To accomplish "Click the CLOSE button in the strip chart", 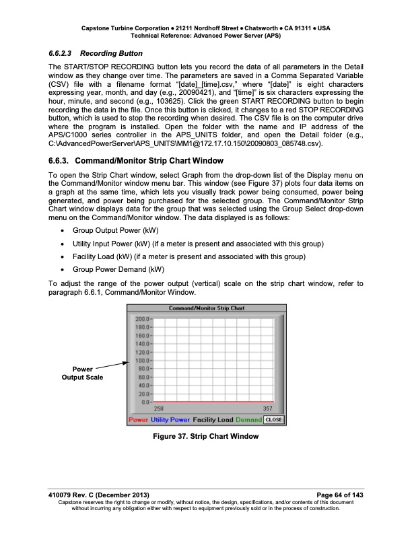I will click(x=273, y=419).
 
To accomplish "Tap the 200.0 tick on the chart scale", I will click(x=142, y=318).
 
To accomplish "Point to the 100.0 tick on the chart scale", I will click(x=142, y=360).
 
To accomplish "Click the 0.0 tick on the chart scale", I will click(x=144, y=402).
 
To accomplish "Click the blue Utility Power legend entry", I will click(x=170, y=419).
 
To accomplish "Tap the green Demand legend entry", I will click(x=248, y=419).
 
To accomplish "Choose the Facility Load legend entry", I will click(x=213, y=419).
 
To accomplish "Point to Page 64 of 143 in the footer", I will click(x=335, y=495).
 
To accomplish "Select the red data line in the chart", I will click(x=215, y=401).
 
